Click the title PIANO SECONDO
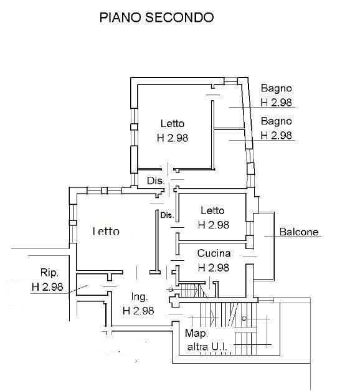pos(156,17)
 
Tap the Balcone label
pos(299,232)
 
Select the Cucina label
pos(214,253)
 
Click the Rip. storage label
pos(49,273)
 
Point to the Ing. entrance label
pos(140,297)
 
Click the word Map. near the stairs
pos(196,333)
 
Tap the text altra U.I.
pos(207,347)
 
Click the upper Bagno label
pos(276,88)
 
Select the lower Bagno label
pos(276,121)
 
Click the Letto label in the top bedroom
pos(173,123)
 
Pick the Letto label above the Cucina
pos(212,210)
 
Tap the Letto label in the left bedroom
pos(106,231)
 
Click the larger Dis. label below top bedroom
pos(156,181)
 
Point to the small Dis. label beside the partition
pos(167,215)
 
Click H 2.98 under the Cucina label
pos(213,268)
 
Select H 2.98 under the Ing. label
pos(138,311)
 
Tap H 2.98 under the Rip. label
pos(47,287)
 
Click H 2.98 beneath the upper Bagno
pos(276,103)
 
